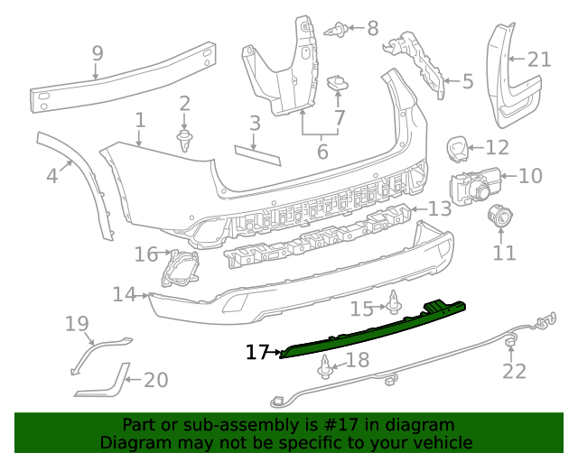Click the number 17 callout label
click(x=257, y=352)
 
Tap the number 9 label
click(x=98, y=56)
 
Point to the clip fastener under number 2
click(x=185, y=140)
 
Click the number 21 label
click(x=538, y=60)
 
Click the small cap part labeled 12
click(x=458, y=146)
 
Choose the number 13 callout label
click(x=439, y=209)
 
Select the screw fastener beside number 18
click(x=326, y=365)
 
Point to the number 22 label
click(x=514, y=371)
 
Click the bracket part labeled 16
click(x=182, y=268)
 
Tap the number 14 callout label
click(x=125, y=294)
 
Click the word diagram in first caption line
click(x=419, y=425)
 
